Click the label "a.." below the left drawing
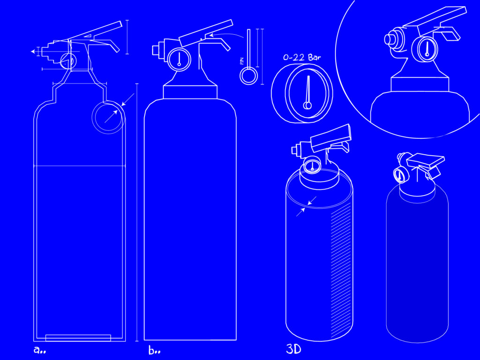(x=39, y=350)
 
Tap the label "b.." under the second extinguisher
(x=154, y=350)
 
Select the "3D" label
(x=293, y=349)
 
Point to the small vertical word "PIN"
(x=242, y=61)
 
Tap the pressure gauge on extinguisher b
(x=180, y=59)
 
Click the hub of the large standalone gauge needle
(x=307, y=105)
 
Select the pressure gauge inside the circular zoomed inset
(x=425, y=49)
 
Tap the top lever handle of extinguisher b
(x=206, y=33)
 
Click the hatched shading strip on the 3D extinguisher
(x=341, y=270)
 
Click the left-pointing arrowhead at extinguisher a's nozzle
(x=33, y=52)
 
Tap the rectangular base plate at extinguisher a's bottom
(x=78, y=337)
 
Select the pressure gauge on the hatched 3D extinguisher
(x=312, y=165)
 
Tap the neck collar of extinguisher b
(x=190, y=92)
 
